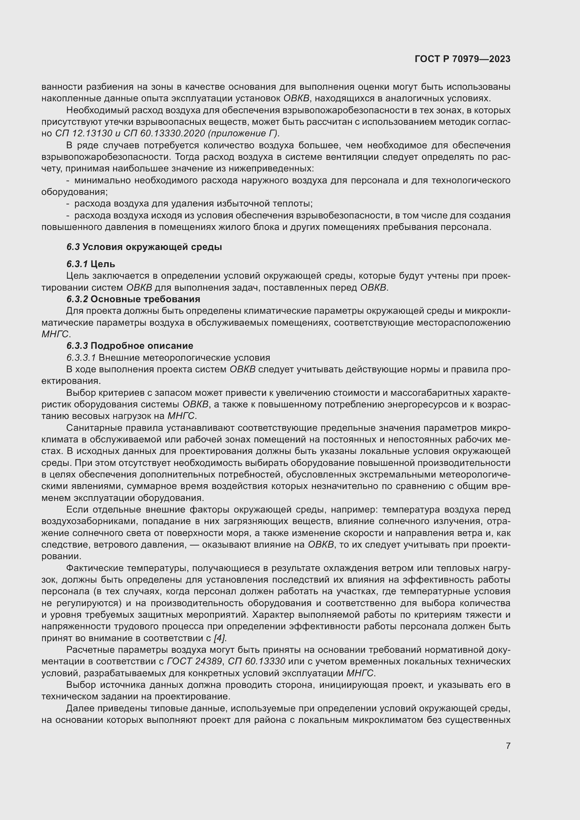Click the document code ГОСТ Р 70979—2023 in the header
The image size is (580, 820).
463,59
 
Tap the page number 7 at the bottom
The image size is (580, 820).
508,746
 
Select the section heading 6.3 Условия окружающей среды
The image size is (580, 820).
144,247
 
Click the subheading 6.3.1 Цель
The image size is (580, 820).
91,264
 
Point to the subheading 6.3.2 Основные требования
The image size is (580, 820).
133,299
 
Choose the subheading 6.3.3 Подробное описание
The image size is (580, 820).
130,346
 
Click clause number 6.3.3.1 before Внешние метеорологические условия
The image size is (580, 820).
81,358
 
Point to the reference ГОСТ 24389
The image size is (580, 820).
194,662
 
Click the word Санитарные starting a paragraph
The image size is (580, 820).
90,428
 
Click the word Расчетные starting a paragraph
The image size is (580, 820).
88,650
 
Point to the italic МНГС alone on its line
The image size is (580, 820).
55,334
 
